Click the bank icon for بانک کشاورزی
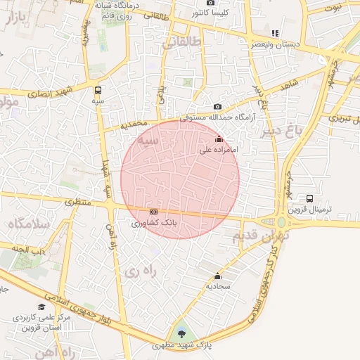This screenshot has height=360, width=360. [154, 212]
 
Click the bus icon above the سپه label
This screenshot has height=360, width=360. [98, 90]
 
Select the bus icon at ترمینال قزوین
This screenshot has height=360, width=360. [310, 198]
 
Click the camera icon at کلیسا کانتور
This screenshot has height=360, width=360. [210, 3]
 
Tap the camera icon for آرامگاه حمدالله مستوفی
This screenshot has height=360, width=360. [218, 106]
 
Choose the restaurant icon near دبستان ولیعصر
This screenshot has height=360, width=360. [275, 32]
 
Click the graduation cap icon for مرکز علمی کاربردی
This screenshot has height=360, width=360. [41, 307]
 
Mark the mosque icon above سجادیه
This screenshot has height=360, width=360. [217, 276]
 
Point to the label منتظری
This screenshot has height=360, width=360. [79, 202]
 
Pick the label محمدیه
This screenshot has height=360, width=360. [135, 124]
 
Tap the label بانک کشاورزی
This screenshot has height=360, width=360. [154, 223]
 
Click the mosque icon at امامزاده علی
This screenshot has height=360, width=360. [219, 139]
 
